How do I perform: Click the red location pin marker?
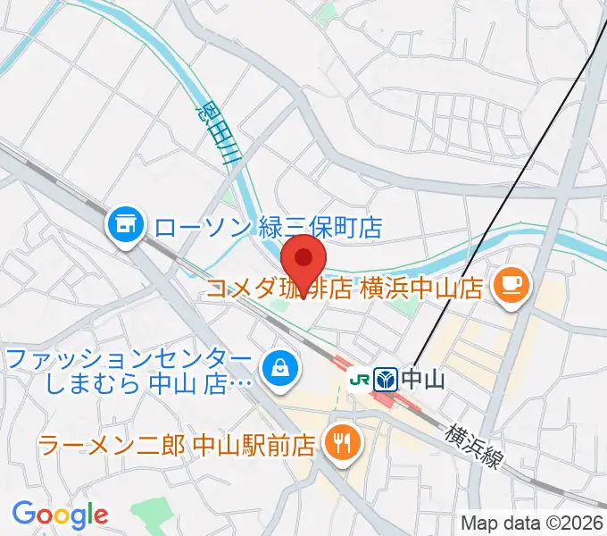303,259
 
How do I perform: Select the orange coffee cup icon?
511,287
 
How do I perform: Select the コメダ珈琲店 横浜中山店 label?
345,288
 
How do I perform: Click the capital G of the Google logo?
24,514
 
